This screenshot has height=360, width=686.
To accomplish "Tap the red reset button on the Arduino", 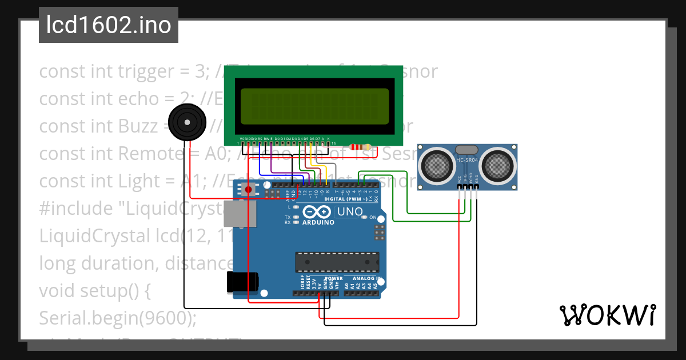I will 248,189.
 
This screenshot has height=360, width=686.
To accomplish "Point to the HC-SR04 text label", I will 467,161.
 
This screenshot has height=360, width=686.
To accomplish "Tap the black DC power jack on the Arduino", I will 243,281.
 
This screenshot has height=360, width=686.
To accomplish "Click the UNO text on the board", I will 350,212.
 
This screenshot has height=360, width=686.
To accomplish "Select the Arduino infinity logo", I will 318,212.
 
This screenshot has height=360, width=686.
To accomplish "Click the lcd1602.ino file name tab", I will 109,25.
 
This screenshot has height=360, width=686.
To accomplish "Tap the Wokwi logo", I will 608,315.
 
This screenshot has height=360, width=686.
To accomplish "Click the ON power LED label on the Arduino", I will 373,218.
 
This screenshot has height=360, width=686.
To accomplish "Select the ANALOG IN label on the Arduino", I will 366,278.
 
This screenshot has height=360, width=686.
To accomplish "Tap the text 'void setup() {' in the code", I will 95,290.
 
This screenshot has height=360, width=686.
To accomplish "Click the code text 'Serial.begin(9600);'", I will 117,317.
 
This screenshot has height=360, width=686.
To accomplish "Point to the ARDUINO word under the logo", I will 318,222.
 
